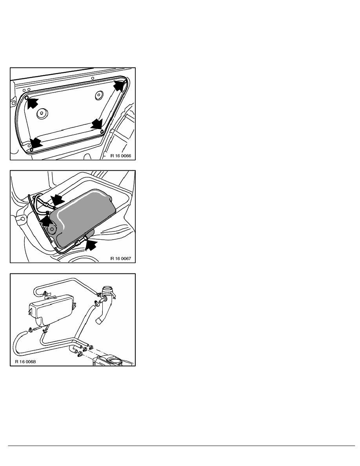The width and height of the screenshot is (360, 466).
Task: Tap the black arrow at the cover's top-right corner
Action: tap(119, 86)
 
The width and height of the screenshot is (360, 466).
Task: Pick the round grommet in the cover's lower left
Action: tap(41, 114)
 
